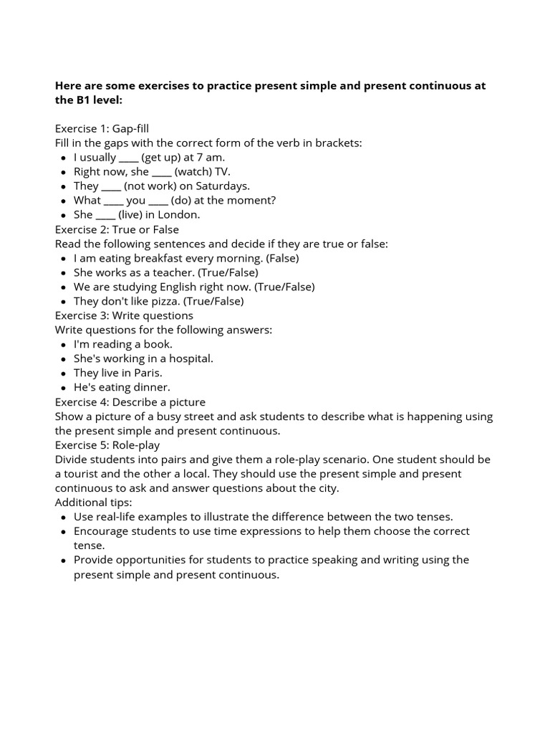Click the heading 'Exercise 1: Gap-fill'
click(x=102, y=128)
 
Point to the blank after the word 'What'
click(x=113, y=200)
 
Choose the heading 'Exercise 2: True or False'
click(x=117, y=229)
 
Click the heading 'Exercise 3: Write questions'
click(x=124, y=315)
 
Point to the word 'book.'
click(x=158, y=344)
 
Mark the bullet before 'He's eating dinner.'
click(x=64, y=388)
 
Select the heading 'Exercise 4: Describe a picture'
click(x=130, y=402)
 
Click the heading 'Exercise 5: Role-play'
click(x=107, y=445)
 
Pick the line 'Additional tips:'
click(x=93, y=502)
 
